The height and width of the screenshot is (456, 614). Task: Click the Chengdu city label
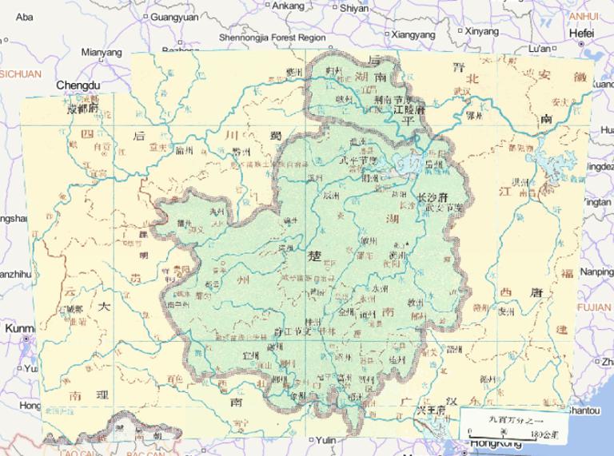pos(78,85)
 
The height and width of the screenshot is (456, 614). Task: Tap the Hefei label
pos(581,34)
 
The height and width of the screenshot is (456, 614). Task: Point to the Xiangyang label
pos(413,34)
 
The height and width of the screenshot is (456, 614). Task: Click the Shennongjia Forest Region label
pos(272,37)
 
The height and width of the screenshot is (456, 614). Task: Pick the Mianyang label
pos(102,53)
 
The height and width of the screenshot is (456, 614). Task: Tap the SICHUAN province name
pos(20,73)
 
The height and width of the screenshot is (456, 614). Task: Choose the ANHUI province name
pos(584,16)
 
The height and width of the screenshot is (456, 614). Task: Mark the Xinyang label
pos(480,32)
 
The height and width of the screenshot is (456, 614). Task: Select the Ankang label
pos(288,6)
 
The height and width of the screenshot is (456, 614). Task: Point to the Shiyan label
pos(353,8)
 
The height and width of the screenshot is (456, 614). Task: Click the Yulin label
pos(325,440)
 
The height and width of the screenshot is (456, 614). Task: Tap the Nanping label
pos(596,272)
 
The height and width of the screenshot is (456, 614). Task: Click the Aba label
pos(25,16)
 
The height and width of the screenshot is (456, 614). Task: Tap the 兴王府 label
pos(430,410)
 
